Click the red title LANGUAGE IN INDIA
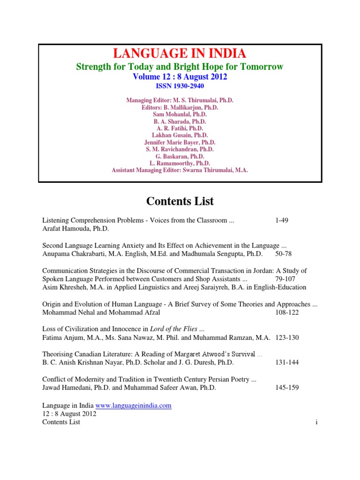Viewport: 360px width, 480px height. click(x=180, y=53)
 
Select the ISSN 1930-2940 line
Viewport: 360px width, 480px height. click(x=180, y=86)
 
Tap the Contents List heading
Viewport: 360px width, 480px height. click(x=180, y=201)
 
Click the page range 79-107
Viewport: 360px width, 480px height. click(x=287, y=278)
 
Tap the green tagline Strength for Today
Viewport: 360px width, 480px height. click(x=180, y=67)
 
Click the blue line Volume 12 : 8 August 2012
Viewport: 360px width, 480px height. click(x=180, y=77)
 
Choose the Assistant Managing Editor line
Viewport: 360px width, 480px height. click(x=180, y=170)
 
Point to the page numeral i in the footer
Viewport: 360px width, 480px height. click(x=317, y=422)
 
